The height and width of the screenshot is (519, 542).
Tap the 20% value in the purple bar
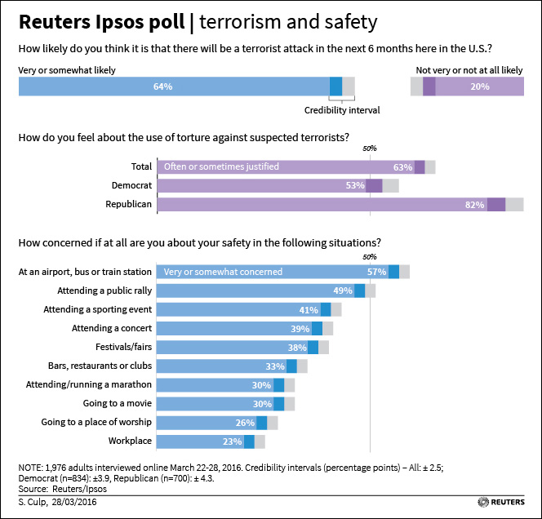(480, 86)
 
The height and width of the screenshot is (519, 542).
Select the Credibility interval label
(342, 110)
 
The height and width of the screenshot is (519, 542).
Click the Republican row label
(129, 204)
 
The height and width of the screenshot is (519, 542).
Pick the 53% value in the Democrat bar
(355, 186)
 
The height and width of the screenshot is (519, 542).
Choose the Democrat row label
(131, 185)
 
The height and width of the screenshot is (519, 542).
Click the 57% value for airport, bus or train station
(376, 272)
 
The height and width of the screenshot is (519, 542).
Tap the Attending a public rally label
(104, 291)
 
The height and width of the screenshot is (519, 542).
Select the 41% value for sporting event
(309, 309)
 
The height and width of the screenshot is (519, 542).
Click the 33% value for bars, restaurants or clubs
(275, 366)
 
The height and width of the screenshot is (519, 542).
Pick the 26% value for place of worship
(246, 423)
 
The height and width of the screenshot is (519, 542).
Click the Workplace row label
(130, 441)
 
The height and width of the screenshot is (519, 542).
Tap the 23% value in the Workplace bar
(233, 441)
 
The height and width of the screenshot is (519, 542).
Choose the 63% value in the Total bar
(402, 167)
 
